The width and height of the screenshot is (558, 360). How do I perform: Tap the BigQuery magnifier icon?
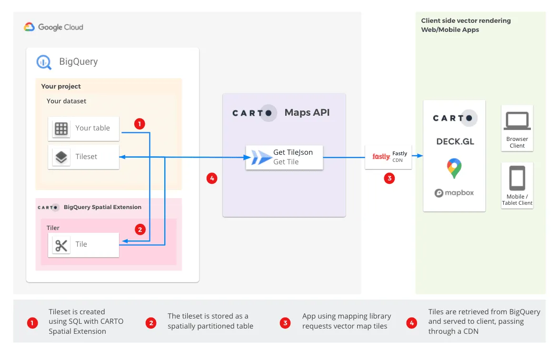(x=44, y=61)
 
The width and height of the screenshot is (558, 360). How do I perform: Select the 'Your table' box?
(x=83, y=128)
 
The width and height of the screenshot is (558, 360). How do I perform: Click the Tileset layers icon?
(x=61, y=157)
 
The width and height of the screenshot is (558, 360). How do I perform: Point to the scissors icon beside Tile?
(x=61, y=245)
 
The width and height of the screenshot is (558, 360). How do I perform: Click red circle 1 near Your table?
(x=139, y=124)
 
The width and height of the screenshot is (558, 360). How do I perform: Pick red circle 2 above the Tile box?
(x=139, y=230)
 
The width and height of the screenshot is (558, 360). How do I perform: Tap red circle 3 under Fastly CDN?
(x=389, y=179)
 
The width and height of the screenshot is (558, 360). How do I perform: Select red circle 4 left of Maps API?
(x=212, y=179)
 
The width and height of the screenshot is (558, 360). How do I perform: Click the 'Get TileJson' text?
(x=293, y=152)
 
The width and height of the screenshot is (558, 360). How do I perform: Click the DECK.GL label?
(x=455, y=141)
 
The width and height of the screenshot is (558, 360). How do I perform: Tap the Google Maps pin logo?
(x=454, y=169)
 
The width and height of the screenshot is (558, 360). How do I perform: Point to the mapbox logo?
(x=454, y=193)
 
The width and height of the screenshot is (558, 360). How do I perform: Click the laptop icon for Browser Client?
(x=517, y=121)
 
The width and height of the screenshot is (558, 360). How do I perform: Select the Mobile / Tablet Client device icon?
(x=517, y=178)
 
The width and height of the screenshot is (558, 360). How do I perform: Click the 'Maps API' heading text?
(x=307, y=113)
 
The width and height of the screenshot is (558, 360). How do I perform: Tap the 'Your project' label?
(x=61, y=86)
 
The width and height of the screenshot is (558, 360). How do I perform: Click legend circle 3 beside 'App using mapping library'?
(x=285, y=323)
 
